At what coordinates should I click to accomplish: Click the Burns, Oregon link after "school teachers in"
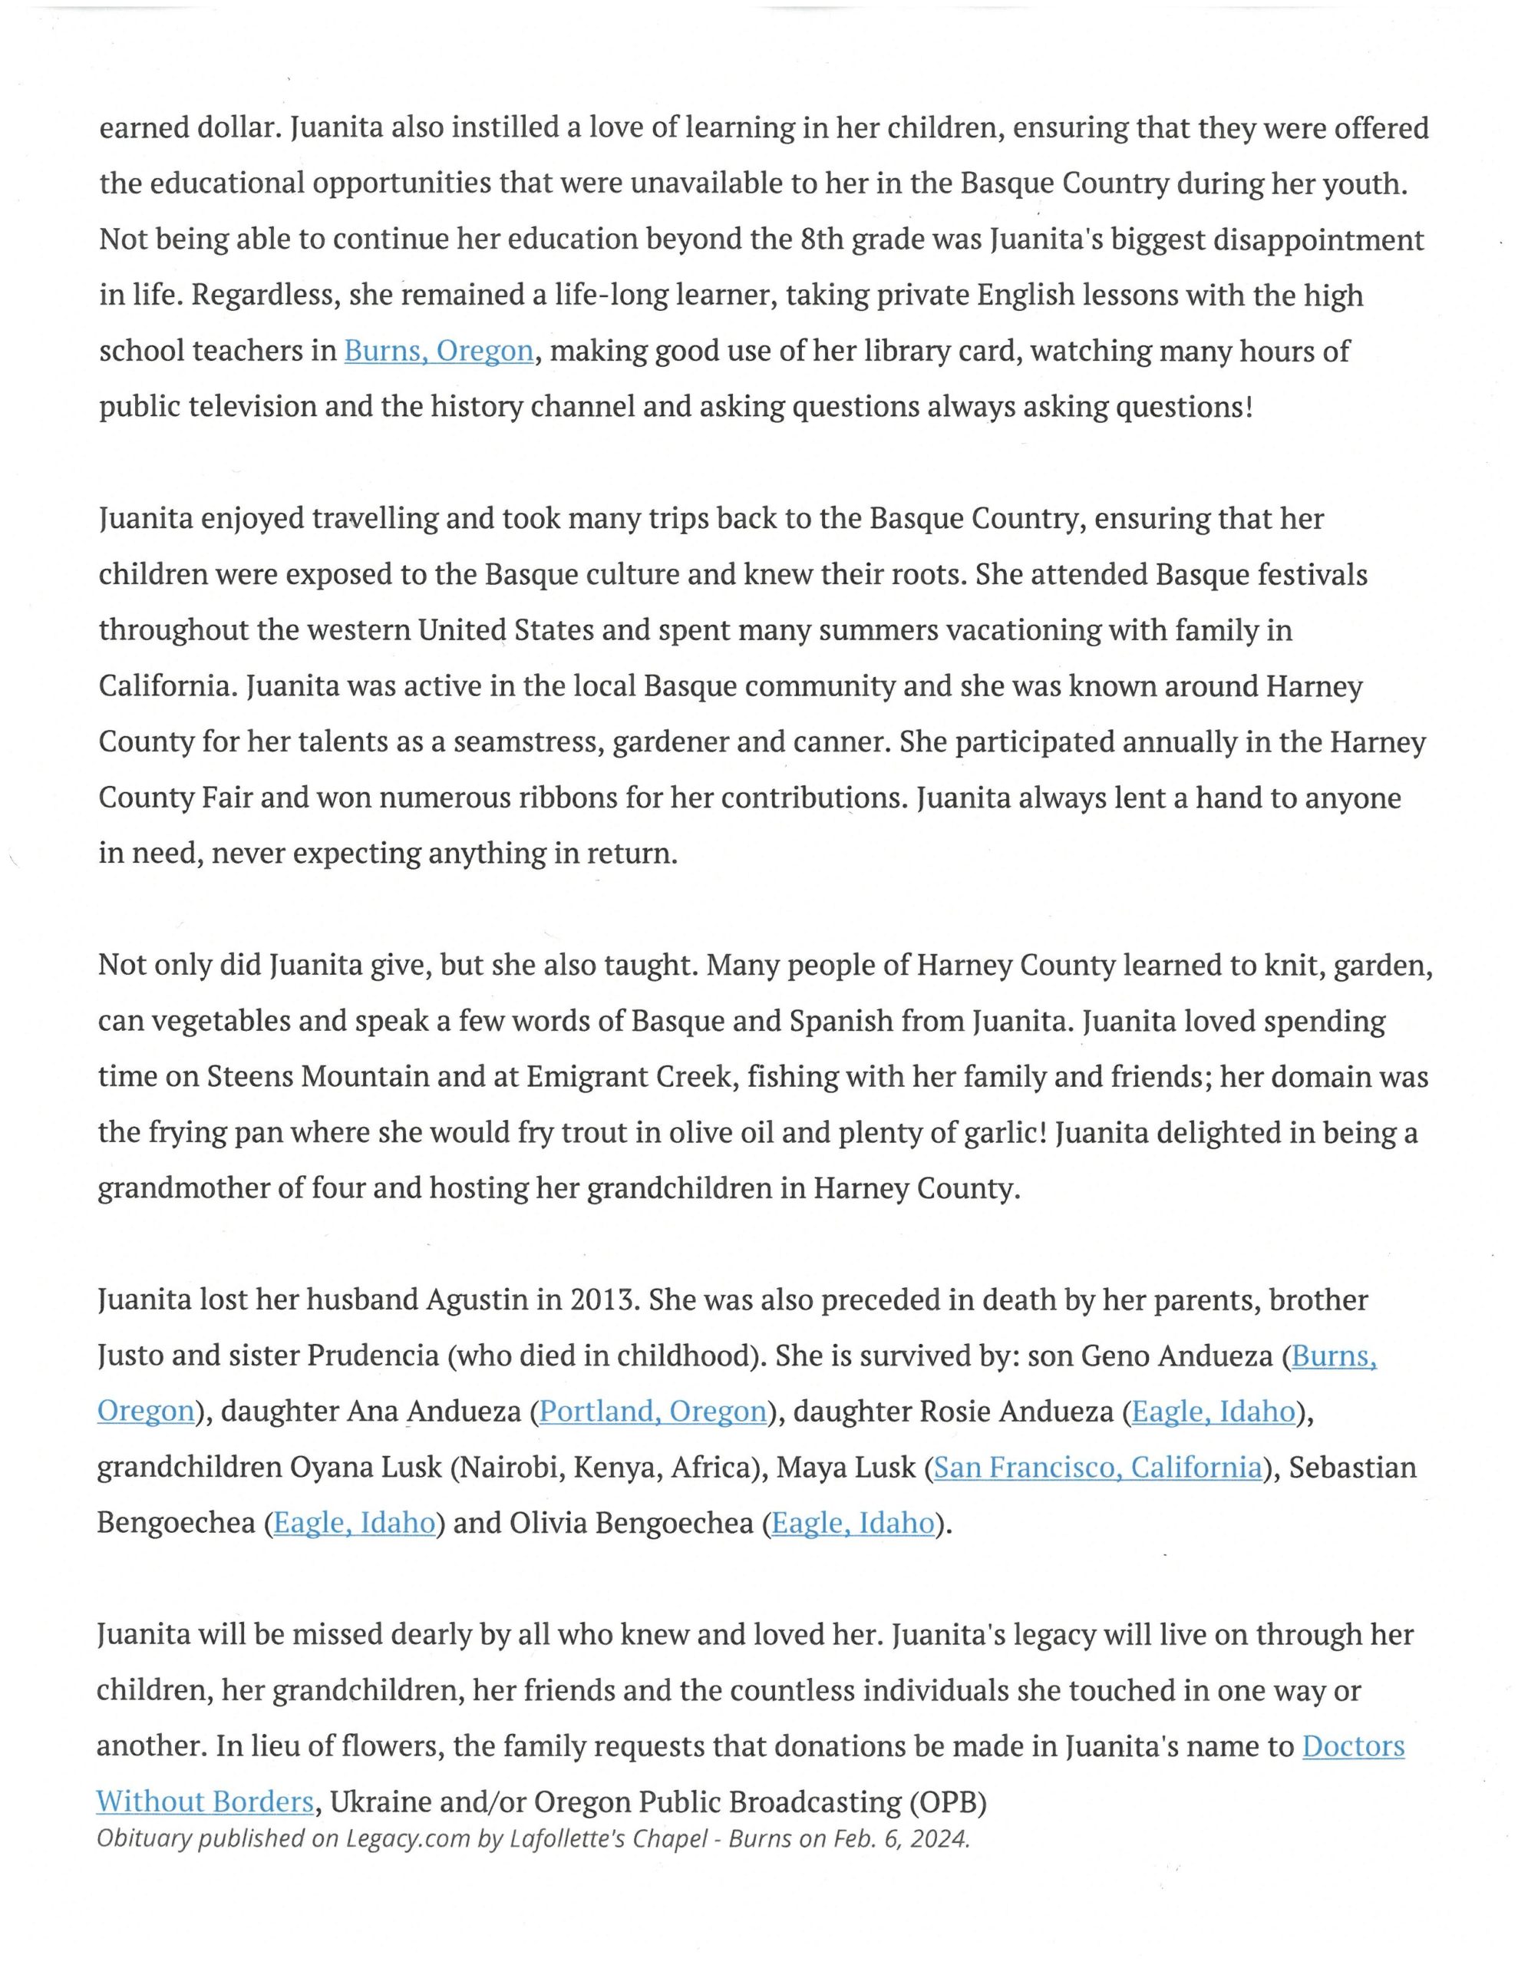point(438,351)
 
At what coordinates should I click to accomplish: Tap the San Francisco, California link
point(1097,1467)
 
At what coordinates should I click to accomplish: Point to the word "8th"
point(821,239)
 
